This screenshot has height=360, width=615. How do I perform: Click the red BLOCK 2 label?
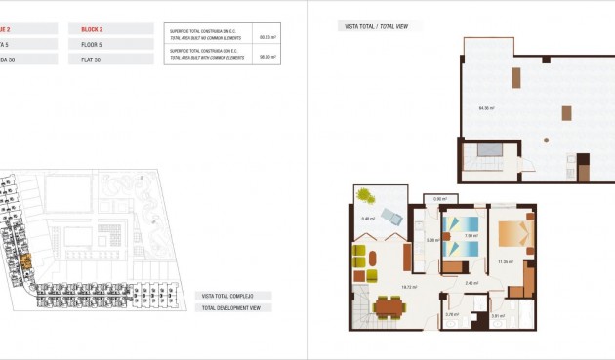pos(95,29)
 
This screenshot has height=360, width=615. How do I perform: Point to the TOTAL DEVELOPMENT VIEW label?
pos(230,307)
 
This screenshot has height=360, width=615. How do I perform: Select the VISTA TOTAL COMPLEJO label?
pos(227,295)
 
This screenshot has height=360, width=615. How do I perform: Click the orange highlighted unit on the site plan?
pos(26,260)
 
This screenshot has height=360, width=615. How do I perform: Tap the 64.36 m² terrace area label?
pos(486,108)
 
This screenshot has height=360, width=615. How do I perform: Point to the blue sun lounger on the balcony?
pos(392,217)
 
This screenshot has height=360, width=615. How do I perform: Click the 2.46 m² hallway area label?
pos(471,283)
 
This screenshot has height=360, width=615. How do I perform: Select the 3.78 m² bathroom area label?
pos(451,314)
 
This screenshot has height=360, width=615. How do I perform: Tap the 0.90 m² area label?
pos(439,199)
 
